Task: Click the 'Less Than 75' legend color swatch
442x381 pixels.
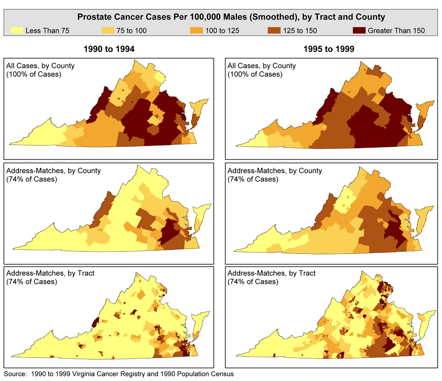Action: tap(17, 30)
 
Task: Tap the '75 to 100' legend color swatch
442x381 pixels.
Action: tap(108, 30)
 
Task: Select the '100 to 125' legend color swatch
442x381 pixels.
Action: tap(196, 30)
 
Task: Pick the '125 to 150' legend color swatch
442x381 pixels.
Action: tap(274, 30)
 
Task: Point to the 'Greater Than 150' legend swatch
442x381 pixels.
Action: tap(359, 30)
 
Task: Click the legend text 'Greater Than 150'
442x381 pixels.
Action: tap(396, 31)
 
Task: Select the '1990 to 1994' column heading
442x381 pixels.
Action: tap(109, 49)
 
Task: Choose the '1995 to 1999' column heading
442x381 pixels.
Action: tap(329, 49)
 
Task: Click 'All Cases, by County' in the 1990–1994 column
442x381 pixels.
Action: tap(41, 66)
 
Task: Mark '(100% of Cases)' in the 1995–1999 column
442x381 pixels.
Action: tap(255, 74)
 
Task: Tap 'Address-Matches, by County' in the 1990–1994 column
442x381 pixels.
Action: tap(53, 171)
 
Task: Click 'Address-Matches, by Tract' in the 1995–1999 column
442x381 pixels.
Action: tap(271, 273)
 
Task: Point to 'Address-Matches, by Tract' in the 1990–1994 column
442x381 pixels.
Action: tap(50, 273)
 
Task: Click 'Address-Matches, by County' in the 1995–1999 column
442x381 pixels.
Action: tap(275, 171)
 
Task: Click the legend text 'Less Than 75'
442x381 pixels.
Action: tap(48, 31)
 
